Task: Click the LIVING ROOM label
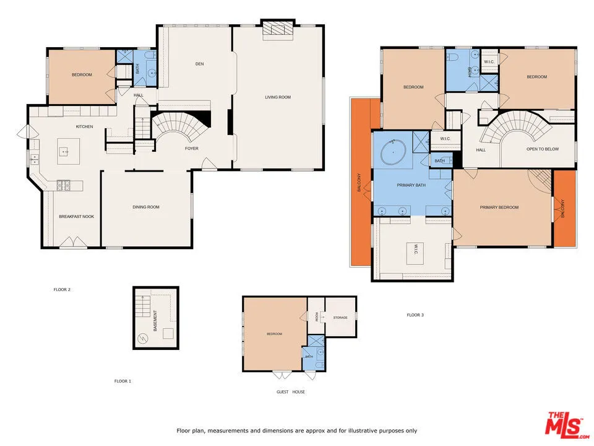click(278, 97)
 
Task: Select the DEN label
click(199, 64)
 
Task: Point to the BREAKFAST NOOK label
click(72, 216)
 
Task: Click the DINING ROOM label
click(146, 207)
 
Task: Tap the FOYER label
click(192, 149)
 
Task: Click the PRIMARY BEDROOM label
click(499, 208)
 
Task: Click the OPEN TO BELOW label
click(543, 149)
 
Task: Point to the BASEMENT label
click(155, 320)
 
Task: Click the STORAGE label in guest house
click(340, 318)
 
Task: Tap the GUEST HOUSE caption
click(290, 391)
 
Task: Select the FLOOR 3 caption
click(415, 315)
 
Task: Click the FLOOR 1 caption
click(123, 381)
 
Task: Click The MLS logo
click(563, 424)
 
